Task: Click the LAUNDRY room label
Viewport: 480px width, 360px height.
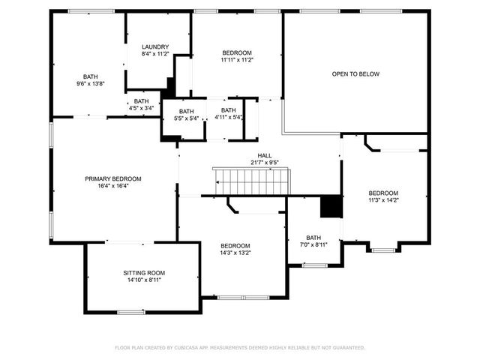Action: tap(155, 46)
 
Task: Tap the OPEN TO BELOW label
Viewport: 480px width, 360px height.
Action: tap(355, 74)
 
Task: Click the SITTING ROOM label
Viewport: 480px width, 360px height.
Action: tap(144, 272)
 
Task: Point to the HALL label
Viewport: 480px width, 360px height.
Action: tap(265, 155)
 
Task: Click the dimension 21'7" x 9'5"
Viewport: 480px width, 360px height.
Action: tap(265, 162)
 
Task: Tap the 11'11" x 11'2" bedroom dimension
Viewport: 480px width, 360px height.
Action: tap(236, 60)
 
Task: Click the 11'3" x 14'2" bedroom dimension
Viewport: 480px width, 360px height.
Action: tap(382, 199)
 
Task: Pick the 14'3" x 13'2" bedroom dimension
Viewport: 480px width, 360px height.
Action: tap(235, 253)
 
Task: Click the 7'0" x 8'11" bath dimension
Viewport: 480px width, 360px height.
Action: tap(313, 244)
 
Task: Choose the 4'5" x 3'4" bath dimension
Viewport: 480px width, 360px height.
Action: tap(142, 108)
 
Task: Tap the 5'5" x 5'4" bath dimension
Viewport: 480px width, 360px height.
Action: tap(186, 118)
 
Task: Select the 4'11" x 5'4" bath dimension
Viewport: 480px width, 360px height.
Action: tap(229, 118)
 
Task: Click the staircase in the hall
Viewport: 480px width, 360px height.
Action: tap(250, 181)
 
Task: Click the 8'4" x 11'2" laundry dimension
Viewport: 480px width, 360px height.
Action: tap(155, 54)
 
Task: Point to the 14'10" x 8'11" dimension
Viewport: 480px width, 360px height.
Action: tap(144, 280)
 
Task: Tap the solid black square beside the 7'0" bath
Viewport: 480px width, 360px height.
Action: tap(331, 206)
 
